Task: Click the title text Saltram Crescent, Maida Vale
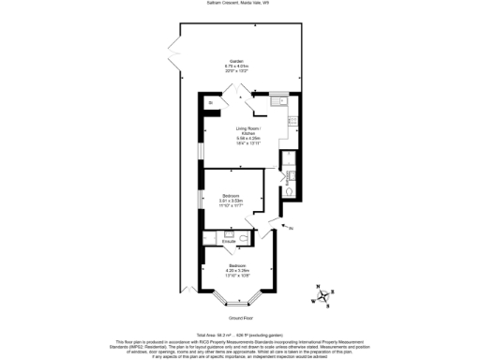tap(239, 4)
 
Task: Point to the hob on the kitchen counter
tap(292, 119)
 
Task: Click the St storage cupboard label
tap(211, 102)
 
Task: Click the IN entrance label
tap(291, 228)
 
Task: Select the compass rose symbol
tap(322, 299)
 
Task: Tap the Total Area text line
tap(239, 335)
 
